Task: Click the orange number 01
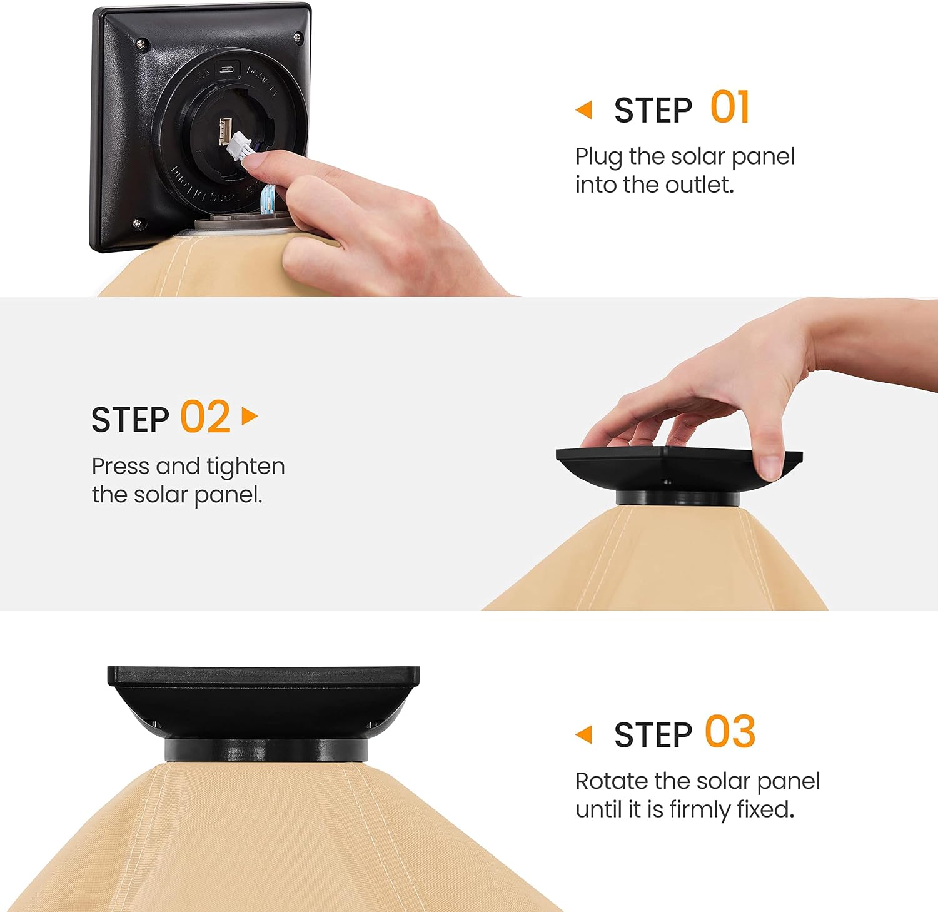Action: click(x=730, y=108)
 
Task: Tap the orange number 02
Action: click(x=205, y=417)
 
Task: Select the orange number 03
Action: click(x=730, y=732)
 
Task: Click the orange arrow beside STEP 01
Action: click(x=584, y=110)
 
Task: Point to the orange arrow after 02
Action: click(x=250, y=416)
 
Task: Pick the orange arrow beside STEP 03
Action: click(x=584, y=734)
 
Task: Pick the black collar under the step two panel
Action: click(x=677, y=499)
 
